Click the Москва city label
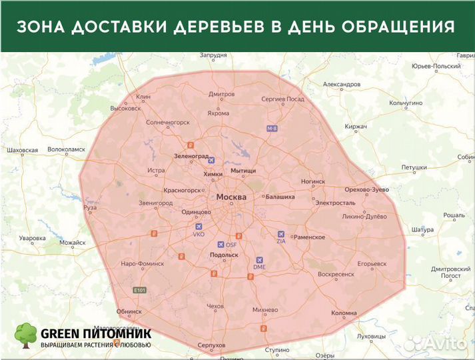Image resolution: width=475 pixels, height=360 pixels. [231, 197]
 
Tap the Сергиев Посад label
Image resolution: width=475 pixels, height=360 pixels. [282, 99]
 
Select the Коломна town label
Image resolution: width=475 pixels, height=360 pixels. [344, 313]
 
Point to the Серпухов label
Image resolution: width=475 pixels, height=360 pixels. [211, 345]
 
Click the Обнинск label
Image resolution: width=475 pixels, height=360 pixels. [129, 311]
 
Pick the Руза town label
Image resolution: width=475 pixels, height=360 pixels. [90, 207]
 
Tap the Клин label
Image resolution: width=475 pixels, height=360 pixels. [144, 97]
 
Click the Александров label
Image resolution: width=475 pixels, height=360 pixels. [341, 85]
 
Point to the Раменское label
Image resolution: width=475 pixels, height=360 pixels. [309, 237]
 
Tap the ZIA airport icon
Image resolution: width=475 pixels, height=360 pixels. [280, 234]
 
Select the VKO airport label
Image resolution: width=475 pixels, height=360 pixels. [199, 235]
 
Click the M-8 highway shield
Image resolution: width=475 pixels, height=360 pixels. [272, 128]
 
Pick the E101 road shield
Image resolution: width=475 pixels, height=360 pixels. [139, 290]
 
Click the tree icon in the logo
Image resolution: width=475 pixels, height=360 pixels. [27, 336]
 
